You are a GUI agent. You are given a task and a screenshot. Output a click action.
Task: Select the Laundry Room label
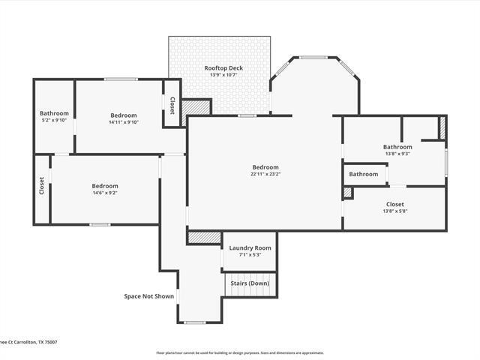(250, 247)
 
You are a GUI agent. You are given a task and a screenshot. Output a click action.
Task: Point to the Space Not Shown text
(148, 296)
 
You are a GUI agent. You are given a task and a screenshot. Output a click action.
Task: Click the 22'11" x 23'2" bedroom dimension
(265, 174)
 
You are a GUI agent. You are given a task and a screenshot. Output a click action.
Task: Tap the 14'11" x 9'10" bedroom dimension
(124, 121)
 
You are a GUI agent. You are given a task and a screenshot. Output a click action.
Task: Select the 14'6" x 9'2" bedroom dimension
(105, 193)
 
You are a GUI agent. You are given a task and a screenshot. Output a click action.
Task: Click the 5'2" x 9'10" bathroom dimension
(54, 120)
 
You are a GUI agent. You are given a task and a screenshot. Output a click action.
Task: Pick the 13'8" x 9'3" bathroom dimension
(397, 154)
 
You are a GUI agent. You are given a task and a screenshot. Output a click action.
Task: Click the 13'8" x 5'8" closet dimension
(394, 211)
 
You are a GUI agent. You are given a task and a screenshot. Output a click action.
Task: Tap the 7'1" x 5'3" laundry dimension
(250, 254)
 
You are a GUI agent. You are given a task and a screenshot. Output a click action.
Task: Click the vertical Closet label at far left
(41, 185)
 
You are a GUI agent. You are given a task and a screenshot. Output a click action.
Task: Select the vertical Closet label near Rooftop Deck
(172, 106)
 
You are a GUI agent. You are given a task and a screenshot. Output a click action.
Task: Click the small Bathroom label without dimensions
(364, 174)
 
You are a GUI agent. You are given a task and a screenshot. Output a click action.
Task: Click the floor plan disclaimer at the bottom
(240, 352)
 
